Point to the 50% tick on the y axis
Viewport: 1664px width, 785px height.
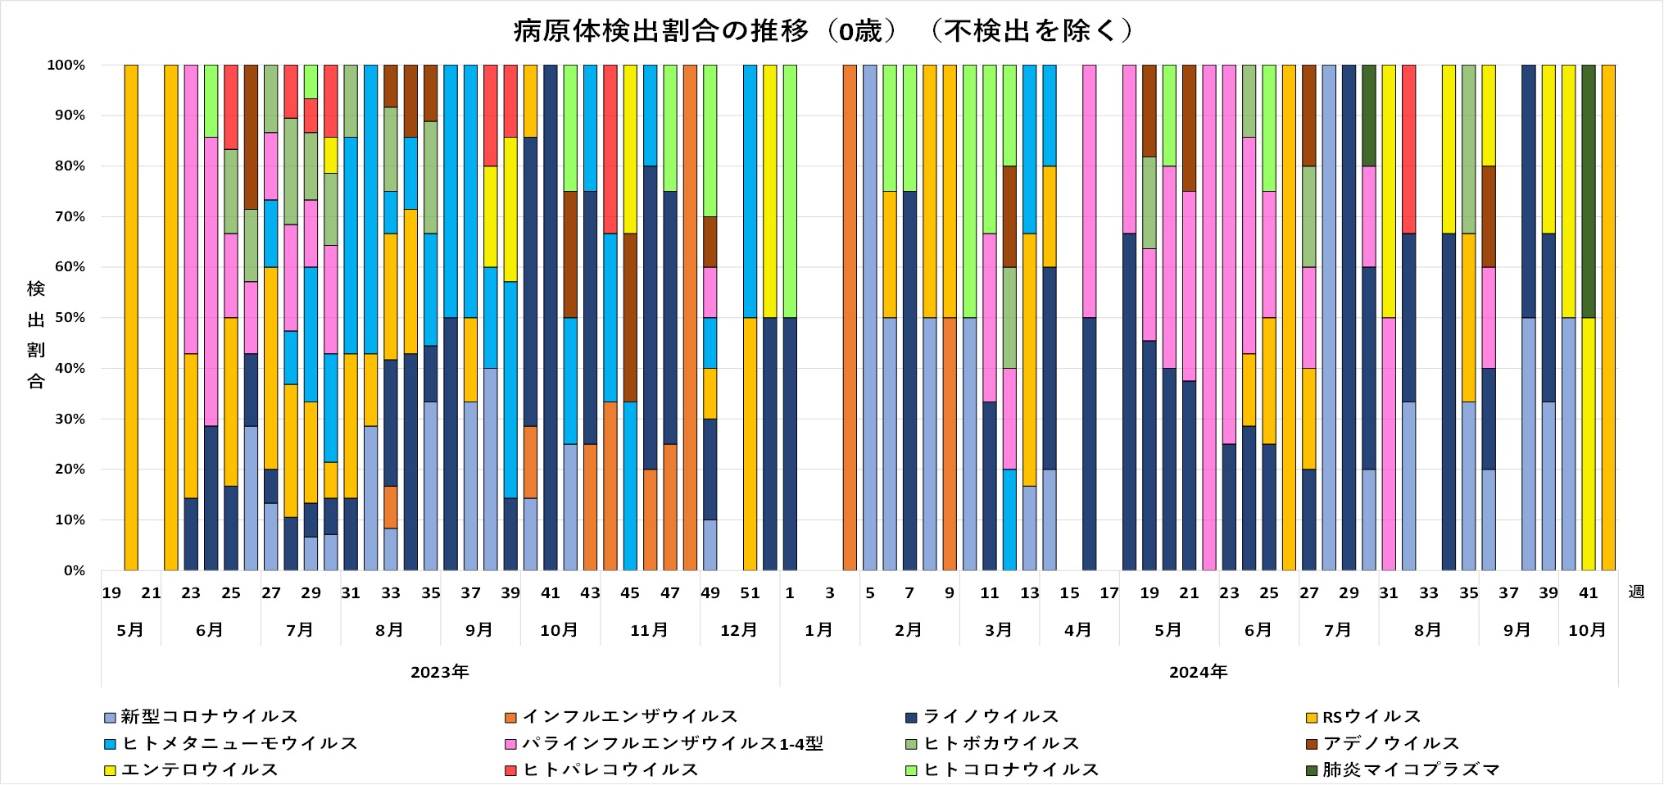click(x=69, y=318)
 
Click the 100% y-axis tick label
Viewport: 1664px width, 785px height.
click(x=66, y=65)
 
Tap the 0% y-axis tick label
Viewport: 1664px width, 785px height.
click(x=74, y=571)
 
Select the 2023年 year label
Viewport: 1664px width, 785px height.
click(x=439, y=673)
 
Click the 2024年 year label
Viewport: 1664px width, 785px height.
click(x=1198, y=673)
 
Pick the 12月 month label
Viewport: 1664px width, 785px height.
click(x=738, y=630)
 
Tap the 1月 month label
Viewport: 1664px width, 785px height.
click(x=818, y=630)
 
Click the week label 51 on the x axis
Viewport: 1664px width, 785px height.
click(x=750, y=592)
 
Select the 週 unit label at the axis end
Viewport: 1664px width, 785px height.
click(x=1635, y=592)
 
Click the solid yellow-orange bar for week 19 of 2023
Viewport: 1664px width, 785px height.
click(x=131, y=318)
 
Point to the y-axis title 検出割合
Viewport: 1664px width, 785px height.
click(x=36, y=334)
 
